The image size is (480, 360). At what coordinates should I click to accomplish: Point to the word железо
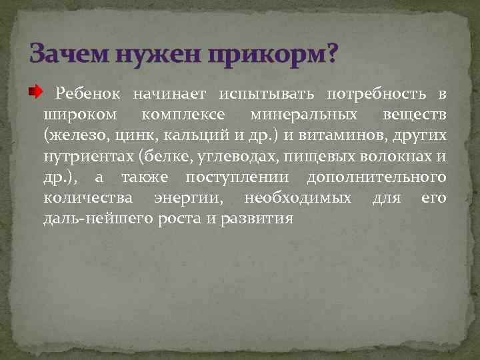click(x=72, y=137)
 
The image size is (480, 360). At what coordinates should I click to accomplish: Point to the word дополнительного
click(x=376, y=178)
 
